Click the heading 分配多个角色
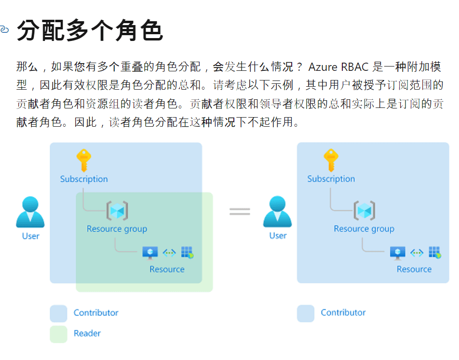pos(90,31)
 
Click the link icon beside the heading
pos(4,30)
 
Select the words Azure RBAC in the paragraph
pos(338,67)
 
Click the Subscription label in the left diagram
pos(84,179)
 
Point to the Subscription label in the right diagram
pos(331,179)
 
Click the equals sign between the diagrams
pos(240,211)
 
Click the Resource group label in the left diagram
pos(117,229)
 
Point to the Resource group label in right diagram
pos(364,229)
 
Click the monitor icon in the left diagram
pos(150,253)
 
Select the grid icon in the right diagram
pos(435,253)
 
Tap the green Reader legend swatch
pos(58,334)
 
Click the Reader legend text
pos(87,333)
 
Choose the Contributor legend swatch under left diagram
pos(58,313)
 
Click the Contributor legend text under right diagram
pos(343,313)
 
